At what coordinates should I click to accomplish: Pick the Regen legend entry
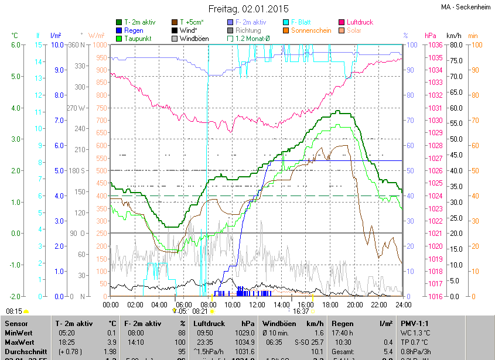click(133, 30)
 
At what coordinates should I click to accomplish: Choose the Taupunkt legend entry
click(138, 38)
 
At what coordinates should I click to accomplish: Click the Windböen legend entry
click(195, 38)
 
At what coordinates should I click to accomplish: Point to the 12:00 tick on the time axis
click(257, 304)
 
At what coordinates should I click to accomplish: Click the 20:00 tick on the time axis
click(354, 304)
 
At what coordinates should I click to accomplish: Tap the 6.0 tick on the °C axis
click(16, 45)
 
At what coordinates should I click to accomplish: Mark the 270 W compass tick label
click(77, 108)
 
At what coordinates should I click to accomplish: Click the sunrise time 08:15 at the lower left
click(13, 311)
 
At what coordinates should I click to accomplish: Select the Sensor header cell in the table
click(16, 323)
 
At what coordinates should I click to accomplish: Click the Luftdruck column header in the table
click(209, 323)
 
